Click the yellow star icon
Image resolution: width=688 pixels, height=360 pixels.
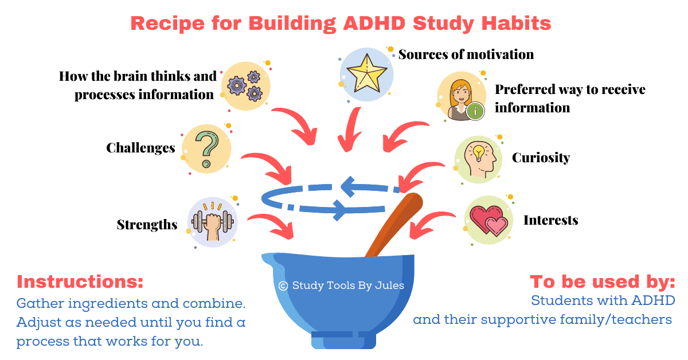[x=366, y=74]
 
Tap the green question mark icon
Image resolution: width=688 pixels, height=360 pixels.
[x=207, y=149]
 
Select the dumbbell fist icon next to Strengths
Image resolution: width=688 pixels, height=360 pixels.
[x=213, y=222]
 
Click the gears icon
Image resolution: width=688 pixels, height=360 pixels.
[x=245, y=87]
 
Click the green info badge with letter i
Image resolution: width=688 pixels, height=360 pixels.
[x=475, y=111]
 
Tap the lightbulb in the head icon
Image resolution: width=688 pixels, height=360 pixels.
[x=479, y=153]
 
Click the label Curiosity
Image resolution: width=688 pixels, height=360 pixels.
[x=541, y=158]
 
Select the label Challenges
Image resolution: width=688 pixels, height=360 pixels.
[x=140, y=148]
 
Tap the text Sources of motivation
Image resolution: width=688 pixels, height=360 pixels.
[x=466, y=54]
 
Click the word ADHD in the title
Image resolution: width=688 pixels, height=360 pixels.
[x=374, y=24]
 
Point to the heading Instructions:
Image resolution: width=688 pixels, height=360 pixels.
[x=80, y=281]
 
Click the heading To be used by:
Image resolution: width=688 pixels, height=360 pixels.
[x=603, y=281]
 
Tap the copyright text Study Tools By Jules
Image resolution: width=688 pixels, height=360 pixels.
[x=341, y=285]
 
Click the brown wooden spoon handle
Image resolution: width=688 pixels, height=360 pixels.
[x=394, y=225]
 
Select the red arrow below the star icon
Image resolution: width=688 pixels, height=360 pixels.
[x=350, y=130]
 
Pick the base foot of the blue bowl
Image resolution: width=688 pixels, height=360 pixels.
[x=343, y=340]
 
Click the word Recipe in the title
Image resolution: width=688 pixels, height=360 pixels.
[x=167, y=24]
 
